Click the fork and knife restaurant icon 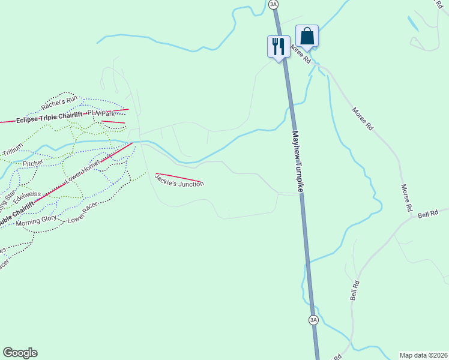click(277, 46)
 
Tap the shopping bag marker click(307, 36)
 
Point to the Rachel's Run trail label click(59, 102)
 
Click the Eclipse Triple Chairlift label click(51, 119)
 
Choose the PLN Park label click(100, 113)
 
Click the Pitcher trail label click(33, 163)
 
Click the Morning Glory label click(37, 220)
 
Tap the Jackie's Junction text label click(179, 179)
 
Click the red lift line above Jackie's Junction click(179, 177)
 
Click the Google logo click(20, 353)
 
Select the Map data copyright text click(423, 355)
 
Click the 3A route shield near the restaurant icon click(274, 4)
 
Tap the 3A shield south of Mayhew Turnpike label click(313, 320)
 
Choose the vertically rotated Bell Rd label click(355, 290)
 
